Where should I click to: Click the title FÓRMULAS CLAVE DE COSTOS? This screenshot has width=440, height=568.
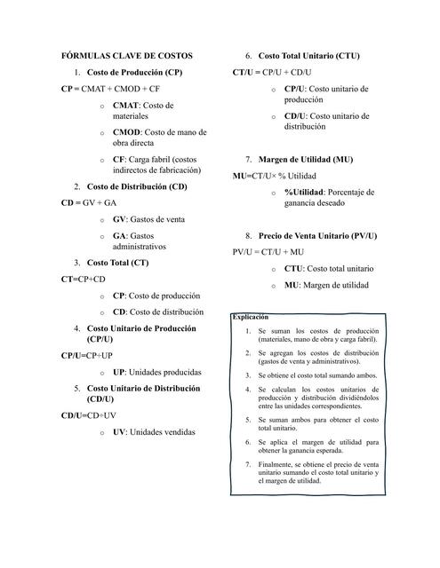(x=126, y=56)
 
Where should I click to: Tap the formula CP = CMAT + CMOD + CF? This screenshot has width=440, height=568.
(x=111, y=90)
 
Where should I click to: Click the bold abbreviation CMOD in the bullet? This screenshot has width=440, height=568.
(x=127, y=132)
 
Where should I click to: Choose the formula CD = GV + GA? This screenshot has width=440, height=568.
(x=89, y=202)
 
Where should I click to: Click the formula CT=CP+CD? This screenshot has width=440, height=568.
(x=83, y=279)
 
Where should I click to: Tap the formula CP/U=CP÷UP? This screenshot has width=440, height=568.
(x=87, y=356)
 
